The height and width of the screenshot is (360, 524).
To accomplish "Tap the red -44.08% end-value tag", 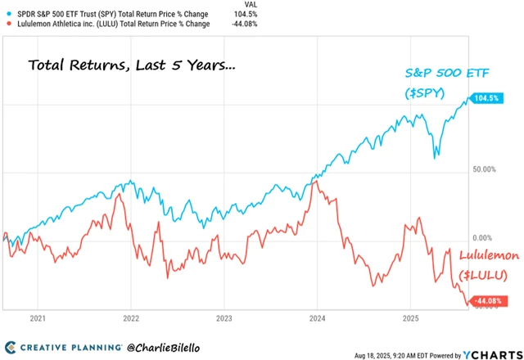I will (488, 302).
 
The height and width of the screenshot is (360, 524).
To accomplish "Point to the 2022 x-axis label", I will (131, 317).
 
